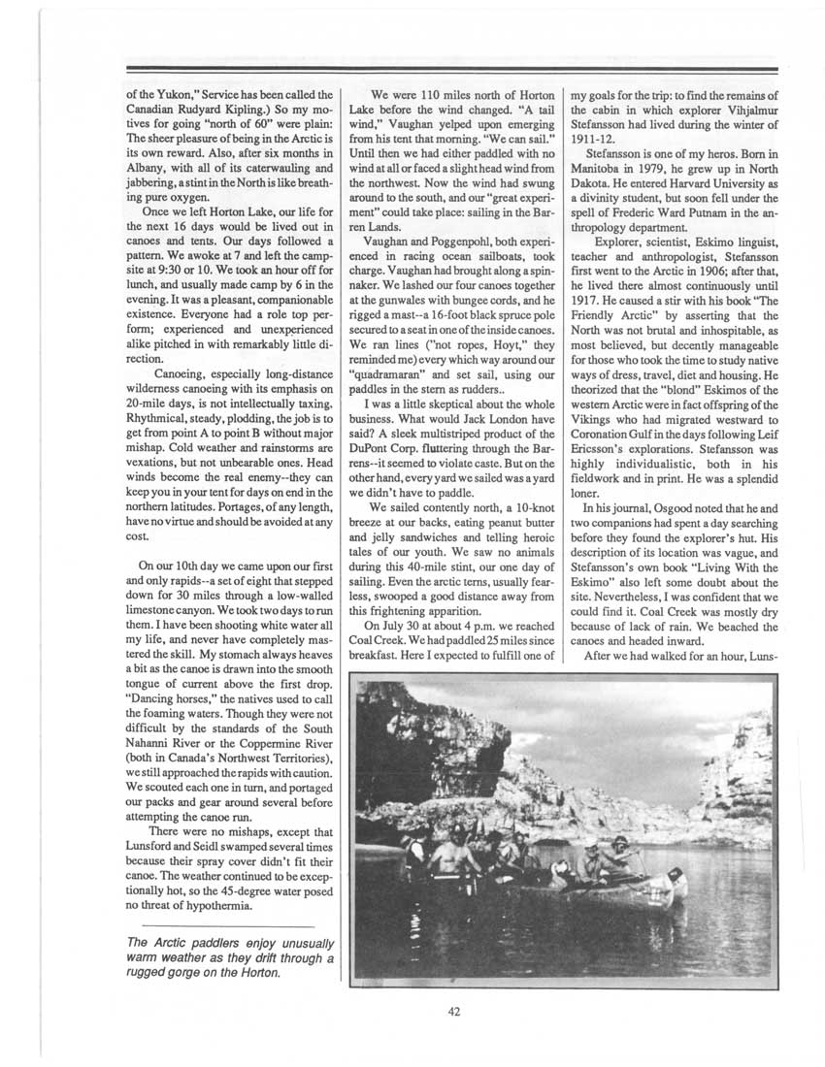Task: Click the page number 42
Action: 454,1011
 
